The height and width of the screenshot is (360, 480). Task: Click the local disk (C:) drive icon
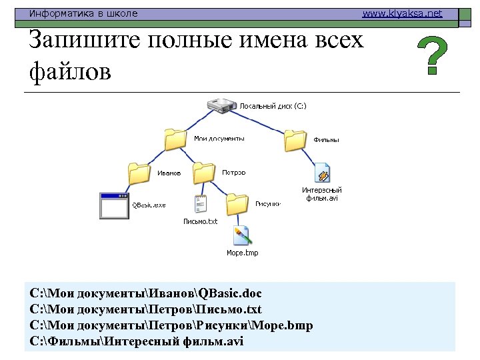222,105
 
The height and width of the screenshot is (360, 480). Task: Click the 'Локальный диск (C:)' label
273,106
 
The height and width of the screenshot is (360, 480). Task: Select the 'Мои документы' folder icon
175,139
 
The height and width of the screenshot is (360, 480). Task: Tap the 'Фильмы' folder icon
295,140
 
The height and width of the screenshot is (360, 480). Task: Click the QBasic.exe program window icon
113,205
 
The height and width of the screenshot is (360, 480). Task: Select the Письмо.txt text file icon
201,205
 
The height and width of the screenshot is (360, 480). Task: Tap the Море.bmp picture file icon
241,236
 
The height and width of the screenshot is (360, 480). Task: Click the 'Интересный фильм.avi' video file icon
323,173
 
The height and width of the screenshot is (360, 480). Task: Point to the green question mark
432,56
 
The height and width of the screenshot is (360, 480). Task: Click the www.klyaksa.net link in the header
402,13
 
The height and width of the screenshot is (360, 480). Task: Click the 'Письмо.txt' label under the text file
201,221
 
